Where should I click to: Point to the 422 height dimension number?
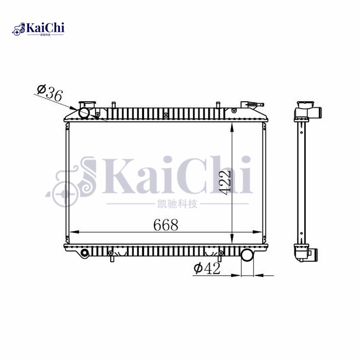pos(226,182)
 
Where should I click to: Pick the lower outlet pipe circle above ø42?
pos(247,255)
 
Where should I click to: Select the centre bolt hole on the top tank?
pos(166,115)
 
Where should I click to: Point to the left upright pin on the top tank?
pos(114,106)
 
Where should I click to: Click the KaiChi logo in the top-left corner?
pos(38,29)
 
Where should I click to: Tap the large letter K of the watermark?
pos(118,175)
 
